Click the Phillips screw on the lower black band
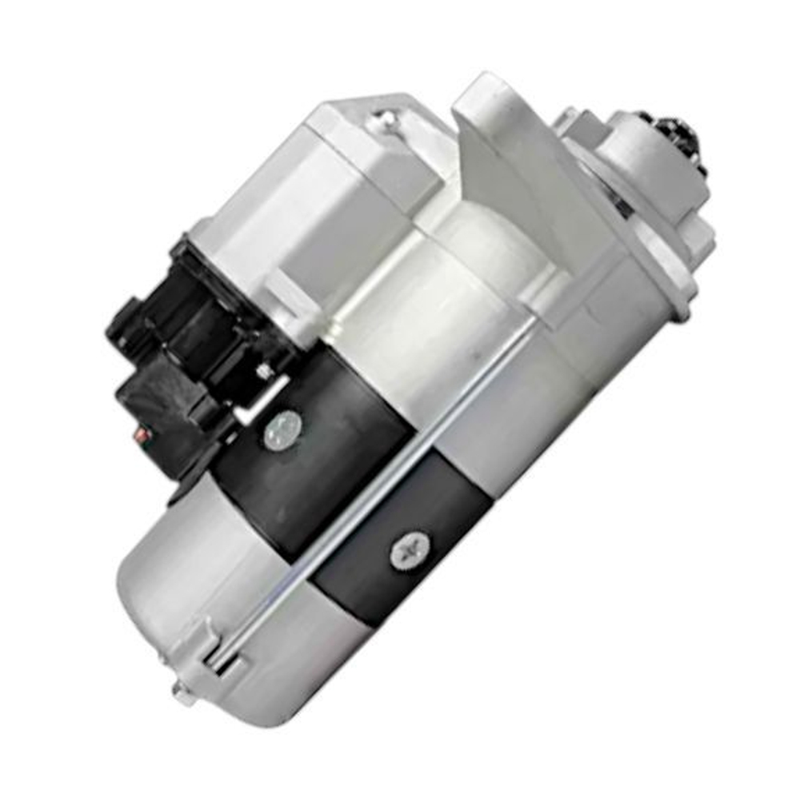point(410,551)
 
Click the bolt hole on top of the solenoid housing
point(386,120)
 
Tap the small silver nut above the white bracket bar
point(262,370)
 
